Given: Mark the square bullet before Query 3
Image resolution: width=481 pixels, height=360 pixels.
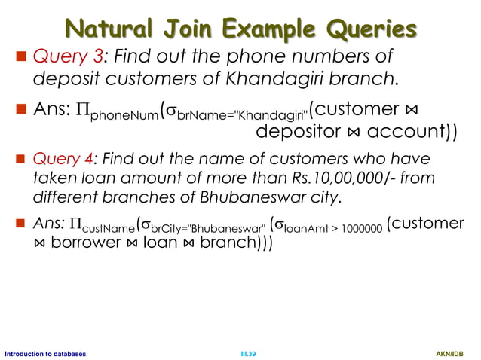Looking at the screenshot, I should [x=22, y=56].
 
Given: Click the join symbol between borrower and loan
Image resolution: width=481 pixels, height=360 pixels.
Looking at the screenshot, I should [x=132, y=244].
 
